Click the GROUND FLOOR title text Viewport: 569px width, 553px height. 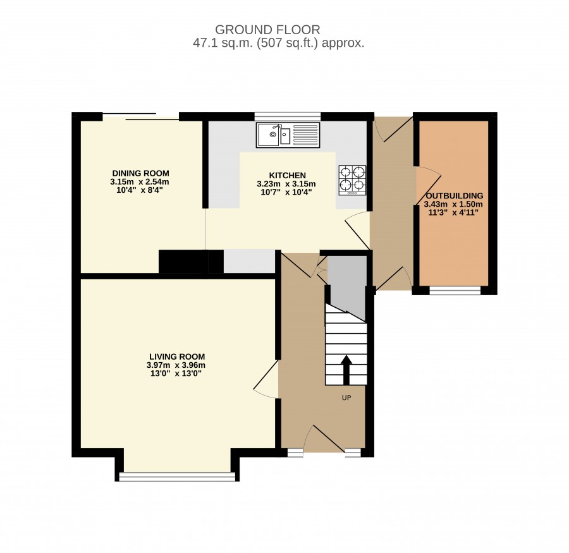267,30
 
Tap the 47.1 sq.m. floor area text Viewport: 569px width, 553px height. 278,43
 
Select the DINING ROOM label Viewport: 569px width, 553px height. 140,173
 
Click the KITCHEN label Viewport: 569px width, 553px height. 288,175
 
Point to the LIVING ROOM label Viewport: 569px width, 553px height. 177,356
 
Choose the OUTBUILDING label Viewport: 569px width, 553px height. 455,196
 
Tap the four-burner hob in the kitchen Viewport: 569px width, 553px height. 352,180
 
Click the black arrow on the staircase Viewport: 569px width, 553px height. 346,370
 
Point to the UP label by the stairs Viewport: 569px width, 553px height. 346,398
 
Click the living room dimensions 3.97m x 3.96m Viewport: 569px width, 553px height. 176,365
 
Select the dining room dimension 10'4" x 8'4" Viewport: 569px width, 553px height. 140,190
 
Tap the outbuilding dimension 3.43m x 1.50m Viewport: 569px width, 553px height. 453,204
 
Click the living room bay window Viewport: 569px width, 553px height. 178,477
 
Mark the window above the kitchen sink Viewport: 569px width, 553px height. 288,116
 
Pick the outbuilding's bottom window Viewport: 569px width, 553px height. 455,290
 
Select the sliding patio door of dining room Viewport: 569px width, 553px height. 141,116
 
